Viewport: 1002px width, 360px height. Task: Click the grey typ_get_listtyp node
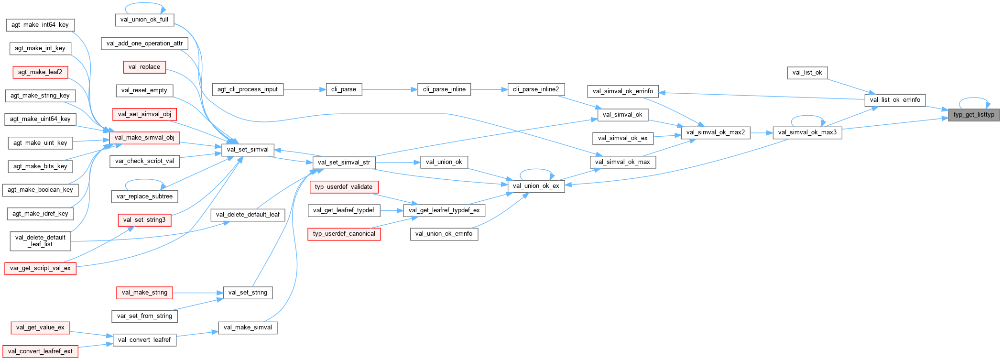(x=973, y=115)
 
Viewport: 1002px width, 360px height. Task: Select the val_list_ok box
(x=807, y=73)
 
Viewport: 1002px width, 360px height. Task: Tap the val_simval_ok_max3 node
(x=807, y=132)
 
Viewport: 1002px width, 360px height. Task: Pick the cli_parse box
(x=344, y=89)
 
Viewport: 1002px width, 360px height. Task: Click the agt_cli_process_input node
(x=247, y=89)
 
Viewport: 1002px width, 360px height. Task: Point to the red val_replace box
(x=144, y=67)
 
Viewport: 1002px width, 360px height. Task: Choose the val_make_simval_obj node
(x=144, y=138)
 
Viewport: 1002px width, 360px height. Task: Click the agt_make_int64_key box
(x=40, y=25)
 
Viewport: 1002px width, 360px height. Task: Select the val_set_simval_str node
(x=344, y=163)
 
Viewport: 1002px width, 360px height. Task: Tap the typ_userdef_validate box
(x=344, y=187)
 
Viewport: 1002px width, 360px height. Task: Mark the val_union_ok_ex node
(x=535, y=186)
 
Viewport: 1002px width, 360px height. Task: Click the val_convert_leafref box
(x=144, y=340)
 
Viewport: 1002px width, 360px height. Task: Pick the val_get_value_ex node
(x=40, y=327)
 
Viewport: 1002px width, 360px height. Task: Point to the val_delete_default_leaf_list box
(x=40, y=241)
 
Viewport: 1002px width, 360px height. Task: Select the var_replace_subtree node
(x=144, y=196)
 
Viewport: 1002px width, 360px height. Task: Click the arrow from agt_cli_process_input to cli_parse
(x=304, y=89)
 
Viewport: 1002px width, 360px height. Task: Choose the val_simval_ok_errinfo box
(x=622, y=91)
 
